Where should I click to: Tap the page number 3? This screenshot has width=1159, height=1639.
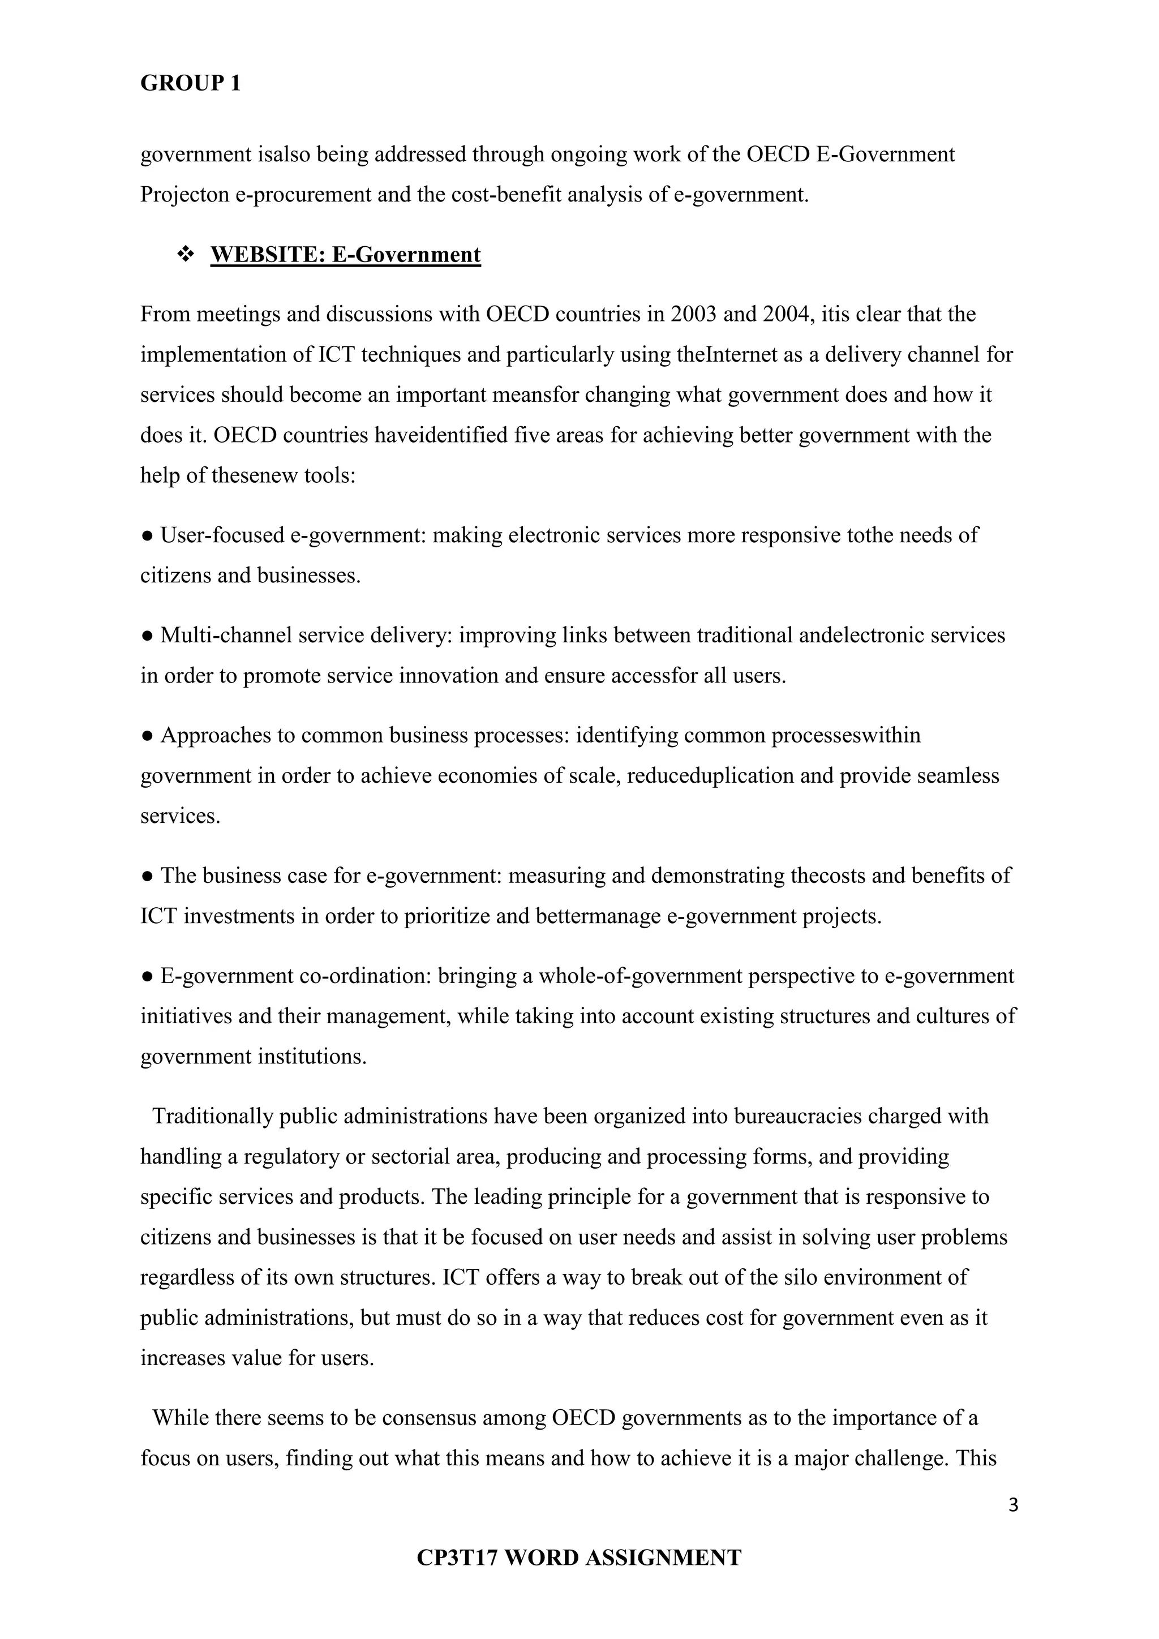point(1012,1505)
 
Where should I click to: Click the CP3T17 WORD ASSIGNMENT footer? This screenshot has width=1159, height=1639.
point(579,1557)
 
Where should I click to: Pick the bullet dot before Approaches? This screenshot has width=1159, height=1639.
point(147,736)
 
